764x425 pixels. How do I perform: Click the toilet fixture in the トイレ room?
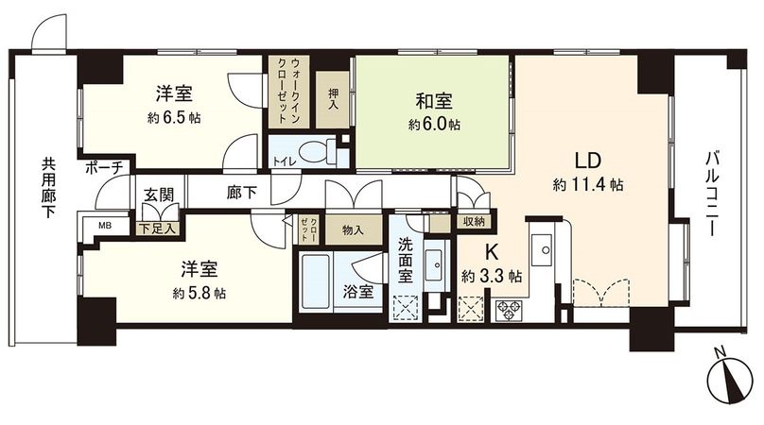[312, 152]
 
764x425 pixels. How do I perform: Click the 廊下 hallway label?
[242, 191]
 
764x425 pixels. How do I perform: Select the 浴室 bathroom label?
[358, 292]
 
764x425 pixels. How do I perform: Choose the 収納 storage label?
[473, 221]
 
